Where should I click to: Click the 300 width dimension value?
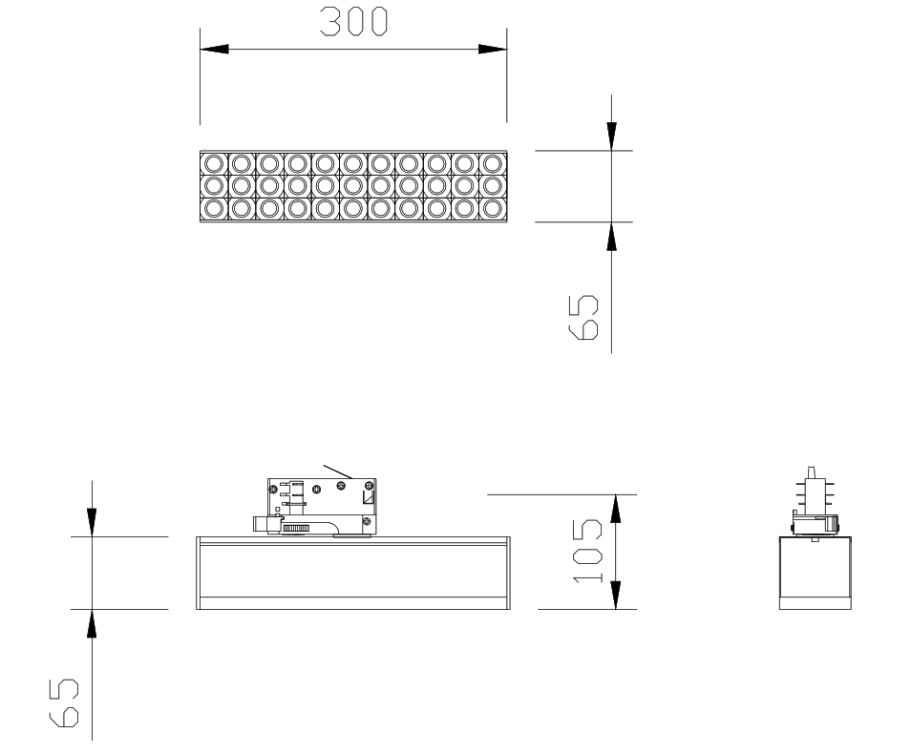[353, 22]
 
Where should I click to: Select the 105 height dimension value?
[587, 552]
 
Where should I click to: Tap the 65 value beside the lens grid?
[583, 317]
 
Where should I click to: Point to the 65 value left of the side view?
[63, 702]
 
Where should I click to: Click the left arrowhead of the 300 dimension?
[215, 50]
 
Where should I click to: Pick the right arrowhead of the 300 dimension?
[492, 50]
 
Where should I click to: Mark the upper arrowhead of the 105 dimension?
[616, 509]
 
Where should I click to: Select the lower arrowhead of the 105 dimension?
[616, 595]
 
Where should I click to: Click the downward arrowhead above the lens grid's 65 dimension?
[611, 136]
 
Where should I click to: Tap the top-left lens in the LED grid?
[214, 163]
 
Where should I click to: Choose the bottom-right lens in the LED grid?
[493, 208]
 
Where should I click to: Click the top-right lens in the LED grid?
[493, 163]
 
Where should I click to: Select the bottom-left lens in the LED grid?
[214, 208]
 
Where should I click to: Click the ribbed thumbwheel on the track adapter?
[296, 529]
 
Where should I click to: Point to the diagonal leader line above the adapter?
[338, 471]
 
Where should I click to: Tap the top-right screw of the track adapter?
[369, 486]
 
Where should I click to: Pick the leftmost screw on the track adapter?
[272, 489]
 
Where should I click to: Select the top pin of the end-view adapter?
[812, 472]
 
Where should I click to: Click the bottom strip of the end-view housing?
[816, 603]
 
